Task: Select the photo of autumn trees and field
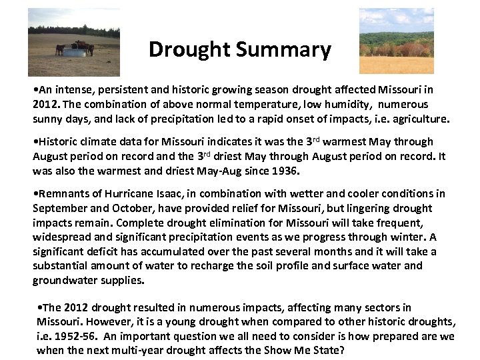coord(396,41)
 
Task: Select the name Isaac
coord(164,193)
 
